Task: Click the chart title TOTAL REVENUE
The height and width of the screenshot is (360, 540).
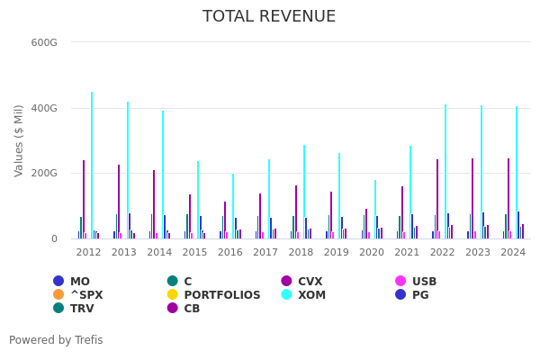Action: click(269, 17)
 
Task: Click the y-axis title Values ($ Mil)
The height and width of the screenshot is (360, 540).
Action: click(20, 139)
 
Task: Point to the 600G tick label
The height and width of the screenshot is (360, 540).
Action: click(44, 42)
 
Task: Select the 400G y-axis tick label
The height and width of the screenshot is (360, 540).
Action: click(44, 108)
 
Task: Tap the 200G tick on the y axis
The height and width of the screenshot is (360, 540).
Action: click(44, 173)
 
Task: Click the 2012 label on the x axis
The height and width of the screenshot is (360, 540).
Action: click(88, 253)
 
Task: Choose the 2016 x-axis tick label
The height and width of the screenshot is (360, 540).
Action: click(230, 253)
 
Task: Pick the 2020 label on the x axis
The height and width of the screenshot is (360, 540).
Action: click(372, 253)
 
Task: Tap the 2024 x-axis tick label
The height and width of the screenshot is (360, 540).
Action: click(513, 253)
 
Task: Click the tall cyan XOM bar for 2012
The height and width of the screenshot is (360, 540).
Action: click(92, 166)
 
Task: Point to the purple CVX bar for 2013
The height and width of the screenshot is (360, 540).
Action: click(119, 202)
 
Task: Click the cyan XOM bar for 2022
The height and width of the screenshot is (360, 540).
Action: click(445, 172)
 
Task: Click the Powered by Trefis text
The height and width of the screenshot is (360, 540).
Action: click(56, 340)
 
